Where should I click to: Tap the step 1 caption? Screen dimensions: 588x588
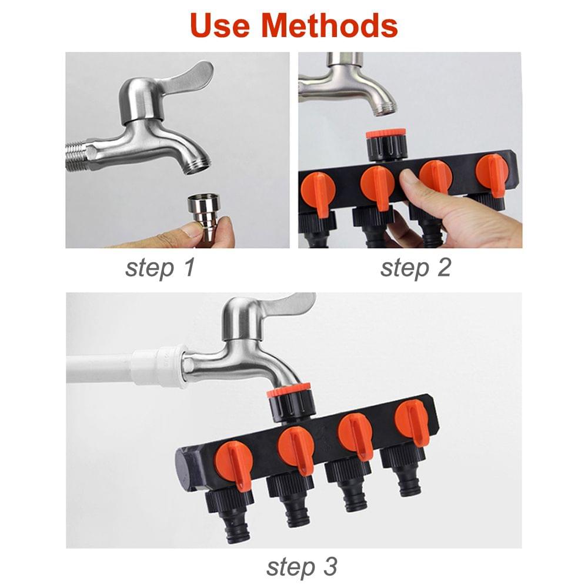[159, 268]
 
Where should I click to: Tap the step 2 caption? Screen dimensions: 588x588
[415, 268]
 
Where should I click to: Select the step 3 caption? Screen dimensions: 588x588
[302, 567]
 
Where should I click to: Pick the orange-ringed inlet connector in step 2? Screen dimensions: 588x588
[386, 144]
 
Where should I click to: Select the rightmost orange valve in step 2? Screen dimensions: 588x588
[492, 172]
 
